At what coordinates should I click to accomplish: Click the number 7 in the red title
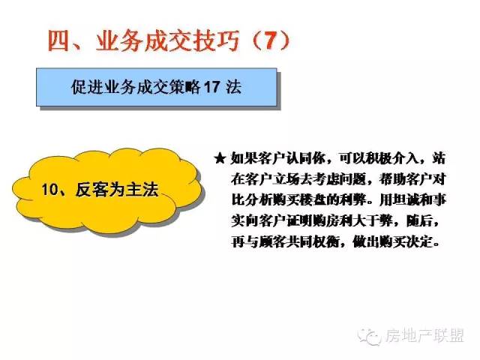tap(270, 40)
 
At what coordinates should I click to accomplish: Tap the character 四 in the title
tap(58, 40)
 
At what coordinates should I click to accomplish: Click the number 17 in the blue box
tap(211, 87)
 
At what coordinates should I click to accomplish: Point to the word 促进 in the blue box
tap(86, 87)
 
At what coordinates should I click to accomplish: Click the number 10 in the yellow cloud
tap(49, 189)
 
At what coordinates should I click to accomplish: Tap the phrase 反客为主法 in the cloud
tap(117, 189)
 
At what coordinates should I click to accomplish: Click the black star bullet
tap(220, 158)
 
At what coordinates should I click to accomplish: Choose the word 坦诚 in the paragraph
tap(406, 200)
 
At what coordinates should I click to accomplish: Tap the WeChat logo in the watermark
tap(370, 337)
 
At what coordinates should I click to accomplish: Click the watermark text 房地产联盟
tap(424, 336)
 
